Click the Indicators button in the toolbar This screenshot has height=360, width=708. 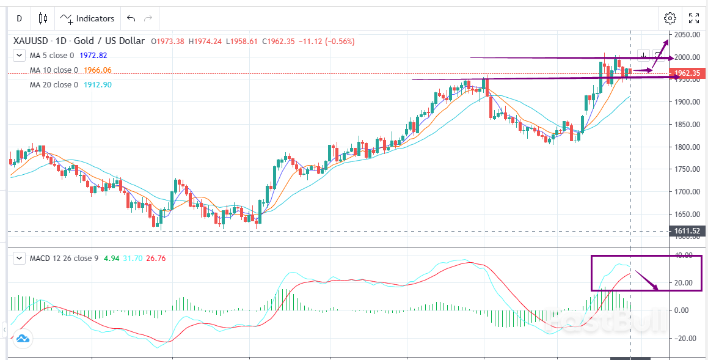point(87,18)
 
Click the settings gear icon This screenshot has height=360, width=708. point(670,18)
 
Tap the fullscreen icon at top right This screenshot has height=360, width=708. point(694,18)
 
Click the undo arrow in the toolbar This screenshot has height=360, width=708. point(131,18)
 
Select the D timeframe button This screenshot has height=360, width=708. point(19,18)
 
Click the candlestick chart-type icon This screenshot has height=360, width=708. point(43,18)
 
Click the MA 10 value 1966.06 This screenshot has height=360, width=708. point(97,70)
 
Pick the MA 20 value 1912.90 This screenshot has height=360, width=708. point(97,85)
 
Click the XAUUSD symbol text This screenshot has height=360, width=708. point(31,41)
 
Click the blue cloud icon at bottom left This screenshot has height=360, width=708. point(23,339)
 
